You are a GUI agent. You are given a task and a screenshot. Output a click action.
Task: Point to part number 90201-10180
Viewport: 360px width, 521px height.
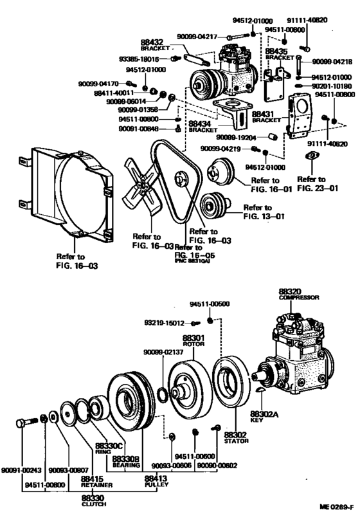333,84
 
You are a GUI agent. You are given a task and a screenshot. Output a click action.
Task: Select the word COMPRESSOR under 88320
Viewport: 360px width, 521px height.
295,297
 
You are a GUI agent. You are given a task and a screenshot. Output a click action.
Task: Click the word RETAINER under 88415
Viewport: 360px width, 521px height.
93,485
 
